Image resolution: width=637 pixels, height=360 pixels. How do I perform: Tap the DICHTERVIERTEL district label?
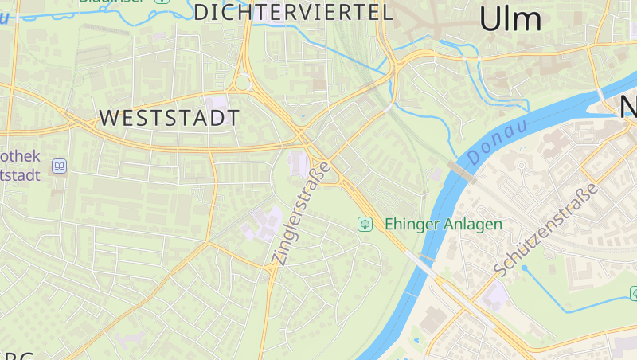click(294, 12)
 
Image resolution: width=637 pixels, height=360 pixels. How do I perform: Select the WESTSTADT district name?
click(169, 118)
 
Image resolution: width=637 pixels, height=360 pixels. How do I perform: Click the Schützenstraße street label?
click(545, 229)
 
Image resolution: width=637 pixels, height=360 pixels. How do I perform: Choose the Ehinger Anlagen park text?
click(444, 224)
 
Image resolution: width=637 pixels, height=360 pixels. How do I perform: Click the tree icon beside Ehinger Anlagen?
click(365, 224)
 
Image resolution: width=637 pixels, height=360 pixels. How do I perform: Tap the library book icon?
click(59, 166)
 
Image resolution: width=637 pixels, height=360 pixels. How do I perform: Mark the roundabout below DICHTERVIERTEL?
click(243, 83)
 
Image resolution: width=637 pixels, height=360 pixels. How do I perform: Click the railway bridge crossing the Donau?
click(462, 170)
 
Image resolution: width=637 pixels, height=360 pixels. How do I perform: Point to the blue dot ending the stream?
click(524, 268)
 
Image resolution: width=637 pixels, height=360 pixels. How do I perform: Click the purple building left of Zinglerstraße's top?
click(298, 164)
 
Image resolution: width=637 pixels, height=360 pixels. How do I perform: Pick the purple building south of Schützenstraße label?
click(494, 295)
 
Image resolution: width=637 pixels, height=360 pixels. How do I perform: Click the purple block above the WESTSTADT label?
click(216, 103)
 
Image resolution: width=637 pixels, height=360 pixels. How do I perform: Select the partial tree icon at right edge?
click(633, 293)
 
